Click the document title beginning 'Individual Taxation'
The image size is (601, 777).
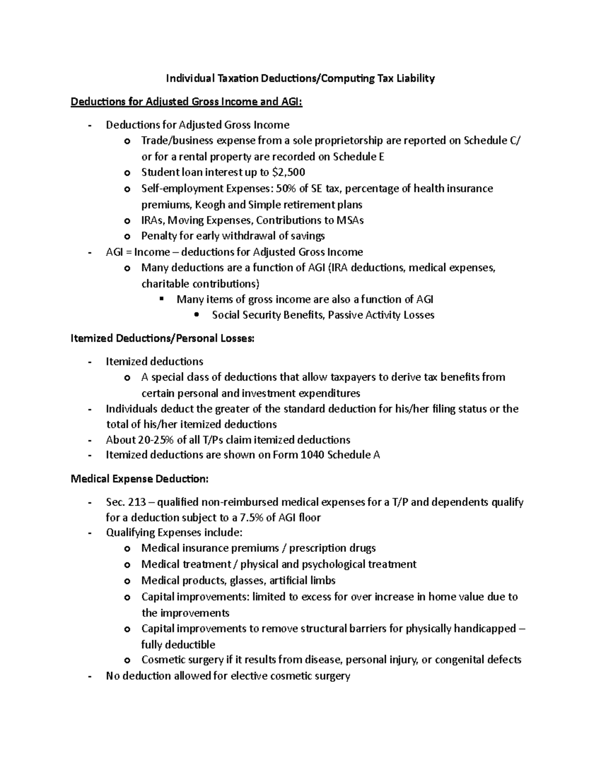300,78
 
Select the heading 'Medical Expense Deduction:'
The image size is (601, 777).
139,479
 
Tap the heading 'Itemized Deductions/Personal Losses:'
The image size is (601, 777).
163,338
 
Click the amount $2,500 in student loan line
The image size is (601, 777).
288,173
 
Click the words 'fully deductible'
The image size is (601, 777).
178,644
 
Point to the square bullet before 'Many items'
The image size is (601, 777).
161,299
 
